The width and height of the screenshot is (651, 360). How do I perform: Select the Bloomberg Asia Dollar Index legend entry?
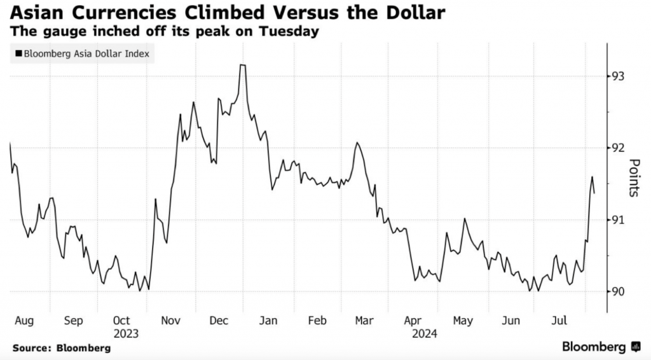click(x=83, y=54)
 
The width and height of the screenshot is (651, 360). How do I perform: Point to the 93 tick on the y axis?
click(x=617, y=76)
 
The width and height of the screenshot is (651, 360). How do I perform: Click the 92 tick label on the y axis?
click(x=617, y=148)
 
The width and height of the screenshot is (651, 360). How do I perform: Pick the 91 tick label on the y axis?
click(x=617, y=220)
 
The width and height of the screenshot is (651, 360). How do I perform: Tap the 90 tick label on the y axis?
click(x=617, y=292)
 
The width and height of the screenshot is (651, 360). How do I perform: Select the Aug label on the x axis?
click(x=23, y=321)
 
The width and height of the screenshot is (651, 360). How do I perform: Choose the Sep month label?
click(x=73, y=321)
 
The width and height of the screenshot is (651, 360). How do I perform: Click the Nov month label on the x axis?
click(x=170, y=321)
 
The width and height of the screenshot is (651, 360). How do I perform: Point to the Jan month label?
click(x=268, y=321)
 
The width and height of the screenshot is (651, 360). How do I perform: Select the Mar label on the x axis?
click(x=364, y=321)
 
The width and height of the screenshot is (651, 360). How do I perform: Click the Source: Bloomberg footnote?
click(x=61, y=348)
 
